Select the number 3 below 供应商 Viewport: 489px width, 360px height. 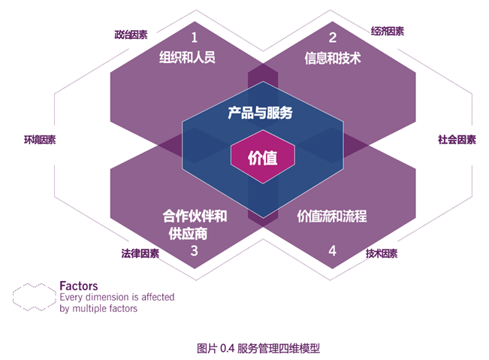click(194, 251)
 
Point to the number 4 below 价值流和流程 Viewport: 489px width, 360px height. click(332, 251)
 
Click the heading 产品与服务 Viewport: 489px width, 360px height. click(260, 114)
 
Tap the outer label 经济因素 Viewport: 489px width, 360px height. click(388, 32)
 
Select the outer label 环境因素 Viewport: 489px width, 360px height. click(40, 140)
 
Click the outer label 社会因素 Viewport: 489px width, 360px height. click(457, 140)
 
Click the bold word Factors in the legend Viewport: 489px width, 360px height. click(78, 286)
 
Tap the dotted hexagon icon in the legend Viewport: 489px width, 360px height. click(34, 295)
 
